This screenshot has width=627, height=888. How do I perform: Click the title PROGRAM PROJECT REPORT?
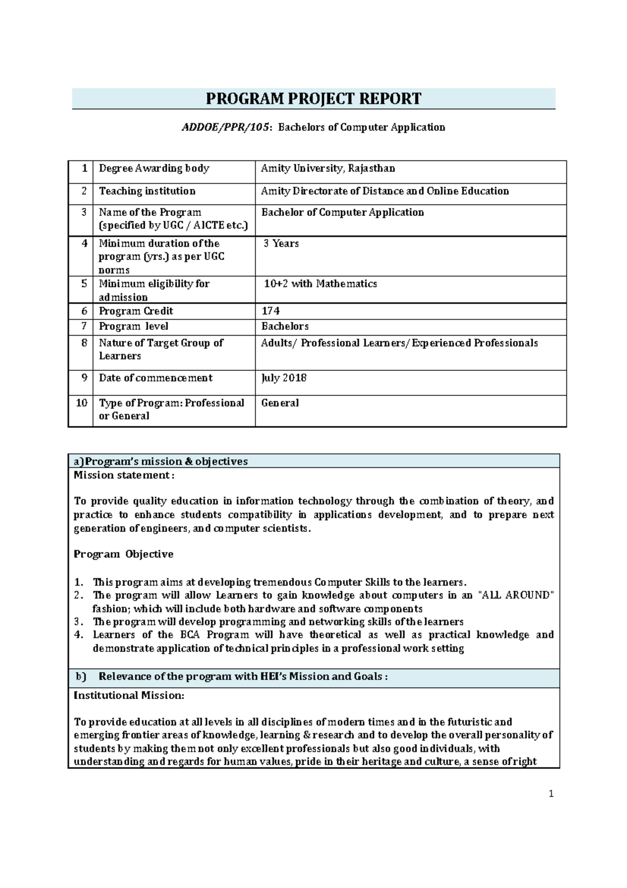click(313, 99)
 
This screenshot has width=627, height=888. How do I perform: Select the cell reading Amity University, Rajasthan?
click(328, 168)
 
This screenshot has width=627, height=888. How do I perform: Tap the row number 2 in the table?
click(84, 191)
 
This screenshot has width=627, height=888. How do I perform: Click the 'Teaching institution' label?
click(147, 191)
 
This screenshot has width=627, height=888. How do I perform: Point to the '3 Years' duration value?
click(281, 243)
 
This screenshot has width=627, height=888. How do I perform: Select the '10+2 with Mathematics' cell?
click(320, 283)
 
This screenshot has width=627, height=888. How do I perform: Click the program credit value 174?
click(270, 311)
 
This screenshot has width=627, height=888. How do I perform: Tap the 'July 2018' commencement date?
click(284, 378)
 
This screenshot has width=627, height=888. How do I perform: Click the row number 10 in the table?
click(82, 403)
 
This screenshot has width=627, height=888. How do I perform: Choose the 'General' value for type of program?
click(280, 403)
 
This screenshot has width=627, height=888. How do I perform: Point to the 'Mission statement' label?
click(123, 475)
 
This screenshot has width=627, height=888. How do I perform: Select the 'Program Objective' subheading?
click(123, 554)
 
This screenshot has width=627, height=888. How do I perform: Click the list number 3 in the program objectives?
click(78, 622)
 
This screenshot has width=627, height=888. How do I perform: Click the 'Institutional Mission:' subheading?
click(129, 696)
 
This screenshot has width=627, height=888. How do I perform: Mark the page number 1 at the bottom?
click(551, 794)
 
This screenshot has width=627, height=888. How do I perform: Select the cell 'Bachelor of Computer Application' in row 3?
click(342, 212)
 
